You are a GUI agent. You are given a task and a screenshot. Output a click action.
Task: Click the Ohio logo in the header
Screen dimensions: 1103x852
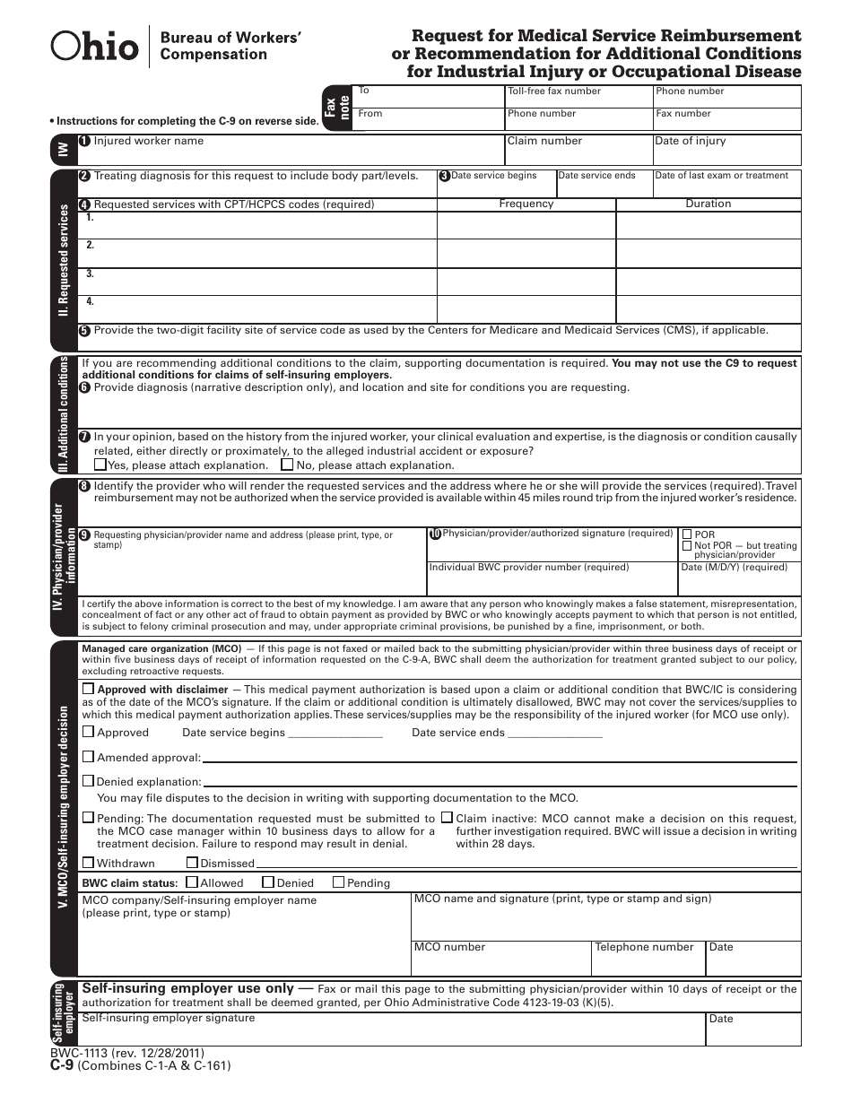95,47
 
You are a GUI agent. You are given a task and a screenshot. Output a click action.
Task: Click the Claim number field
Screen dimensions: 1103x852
578,152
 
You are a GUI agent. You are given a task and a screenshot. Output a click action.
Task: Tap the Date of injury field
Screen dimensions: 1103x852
726,152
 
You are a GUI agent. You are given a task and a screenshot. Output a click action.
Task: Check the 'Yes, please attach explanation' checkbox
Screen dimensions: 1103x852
100,465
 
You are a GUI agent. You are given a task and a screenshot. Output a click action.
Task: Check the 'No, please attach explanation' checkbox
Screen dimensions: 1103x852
287,465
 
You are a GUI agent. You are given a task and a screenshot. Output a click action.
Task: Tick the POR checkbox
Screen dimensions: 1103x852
687,534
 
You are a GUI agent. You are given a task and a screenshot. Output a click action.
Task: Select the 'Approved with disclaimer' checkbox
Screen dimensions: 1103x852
88,689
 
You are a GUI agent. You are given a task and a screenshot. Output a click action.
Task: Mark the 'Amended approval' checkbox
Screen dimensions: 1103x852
88,757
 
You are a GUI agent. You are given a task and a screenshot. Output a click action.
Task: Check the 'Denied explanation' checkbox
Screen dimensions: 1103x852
88,781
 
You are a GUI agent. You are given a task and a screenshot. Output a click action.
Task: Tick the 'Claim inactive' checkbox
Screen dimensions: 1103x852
446,818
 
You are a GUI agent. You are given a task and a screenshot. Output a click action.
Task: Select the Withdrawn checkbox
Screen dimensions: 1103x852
88,863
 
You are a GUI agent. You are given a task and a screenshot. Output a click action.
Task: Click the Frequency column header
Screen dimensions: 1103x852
526,204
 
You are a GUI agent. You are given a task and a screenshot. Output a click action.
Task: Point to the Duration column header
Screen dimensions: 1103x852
708,204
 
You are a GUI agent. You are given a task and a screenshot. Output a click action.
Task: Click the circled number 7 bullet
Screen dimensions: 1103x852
84,437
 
